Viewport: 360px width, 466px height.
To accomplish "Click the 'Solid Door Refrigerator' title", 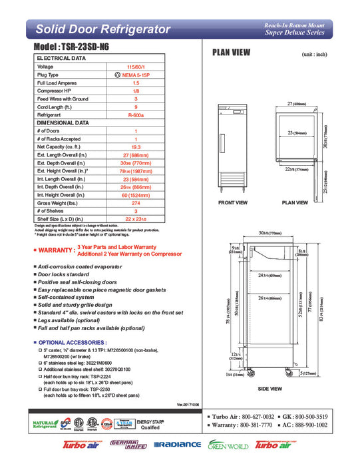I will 102,29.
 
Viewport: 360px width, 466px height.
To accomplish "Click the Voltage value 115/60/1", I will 136,67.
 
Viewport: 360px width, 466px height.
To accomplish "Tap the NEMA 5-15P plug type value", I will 136,75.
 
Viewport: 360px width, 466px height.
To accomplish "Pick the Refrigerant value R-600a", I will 136,115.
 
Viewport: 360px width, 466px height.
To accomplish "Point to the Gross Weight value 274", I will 136,202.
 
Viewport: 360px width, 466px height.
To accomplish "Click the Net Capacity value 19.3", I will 136,146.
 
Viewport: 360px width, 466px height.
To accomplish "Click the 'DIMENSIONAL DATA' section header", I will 63,123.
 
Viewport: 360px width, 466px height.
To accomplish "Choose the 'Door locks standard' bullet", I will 73,274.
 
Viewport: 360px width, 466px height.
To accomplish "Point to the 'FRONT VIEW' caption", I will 233,202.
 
